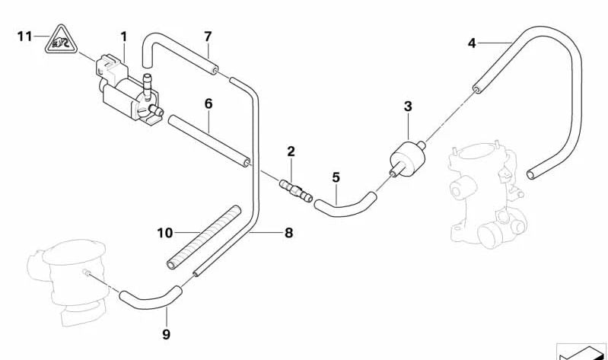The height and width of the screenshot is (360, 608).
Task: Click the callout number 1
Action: pos(123,36)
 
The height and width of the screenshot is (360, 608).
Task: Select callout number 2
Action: pos(291,151)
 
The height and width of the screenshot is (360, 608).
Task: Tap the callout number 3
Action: pos(408,106)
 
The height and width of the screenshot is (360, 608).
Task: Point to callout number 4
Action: pos(472,43)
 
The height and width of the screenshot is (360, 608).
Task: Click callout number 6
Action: pos(208,104)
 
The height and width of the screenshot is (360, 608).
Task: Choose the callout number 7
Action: pos(208,36)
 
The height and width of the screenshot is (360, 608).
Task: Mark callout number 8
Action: pos(288,234)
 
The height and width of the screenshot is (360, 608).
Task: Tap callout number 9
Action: pos(167,333)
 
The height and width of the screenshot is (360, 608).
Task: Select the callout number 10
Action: pos(166,232)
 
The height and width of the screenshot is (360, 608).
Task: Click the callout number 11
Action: pos(25,36)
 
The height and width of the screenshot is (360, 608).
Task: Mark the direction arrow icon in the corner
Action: pos(583,352)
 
